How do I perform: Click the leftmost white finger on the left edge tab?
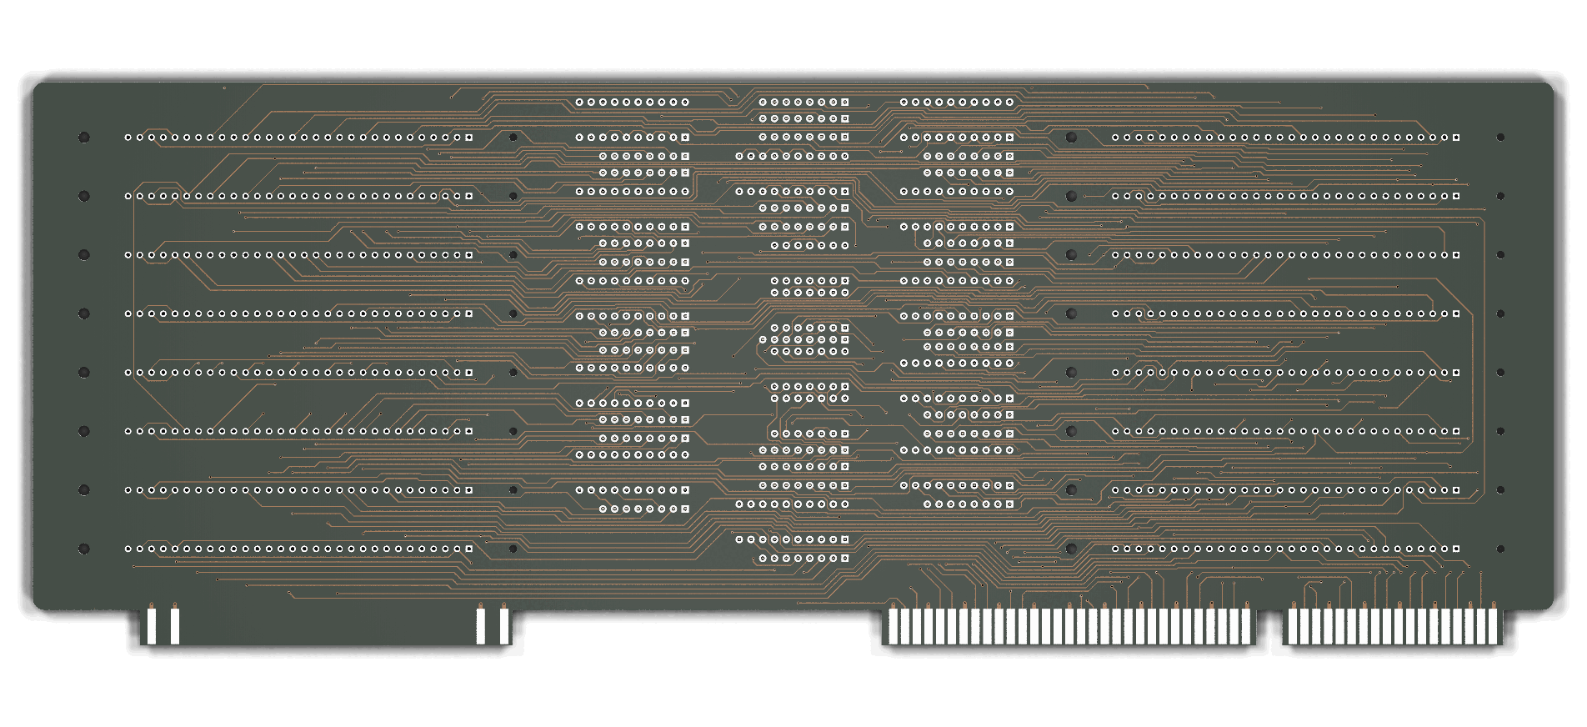pos(152,626)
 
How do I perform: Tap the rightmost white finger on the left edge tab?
pos(504,626)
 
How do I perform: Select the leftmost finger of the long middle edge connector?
pos(893,626)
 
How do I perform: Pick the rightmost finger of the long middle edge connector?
pos(1247,626)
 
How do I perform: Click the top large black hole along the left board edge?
pos(84,138)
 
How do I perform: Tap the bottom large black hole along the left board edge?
pos(84,549)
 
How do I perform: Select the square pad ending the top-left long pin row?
pos(469,138)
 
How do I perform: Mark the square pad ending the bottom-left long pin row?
pos(469,549)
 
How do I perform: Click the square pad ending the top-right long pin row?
pos(1456,138)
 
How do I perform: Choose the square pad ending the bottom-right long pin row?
pos(1456,549)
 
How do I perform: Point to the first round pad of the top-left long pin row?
pos(128,138)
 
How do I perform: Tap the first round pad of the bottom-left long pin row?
pos(128,549)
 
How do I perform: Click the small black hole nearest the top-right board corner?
pos(1500,138)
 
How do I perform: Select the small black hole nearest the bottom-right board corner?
pos(1500,549)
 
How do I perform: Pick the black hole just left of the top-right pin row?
pos(1071,138)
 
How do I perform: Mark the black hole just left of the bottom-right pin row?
pos(1071,549)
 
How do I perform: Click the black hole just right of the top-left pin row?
pos(513,138)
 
